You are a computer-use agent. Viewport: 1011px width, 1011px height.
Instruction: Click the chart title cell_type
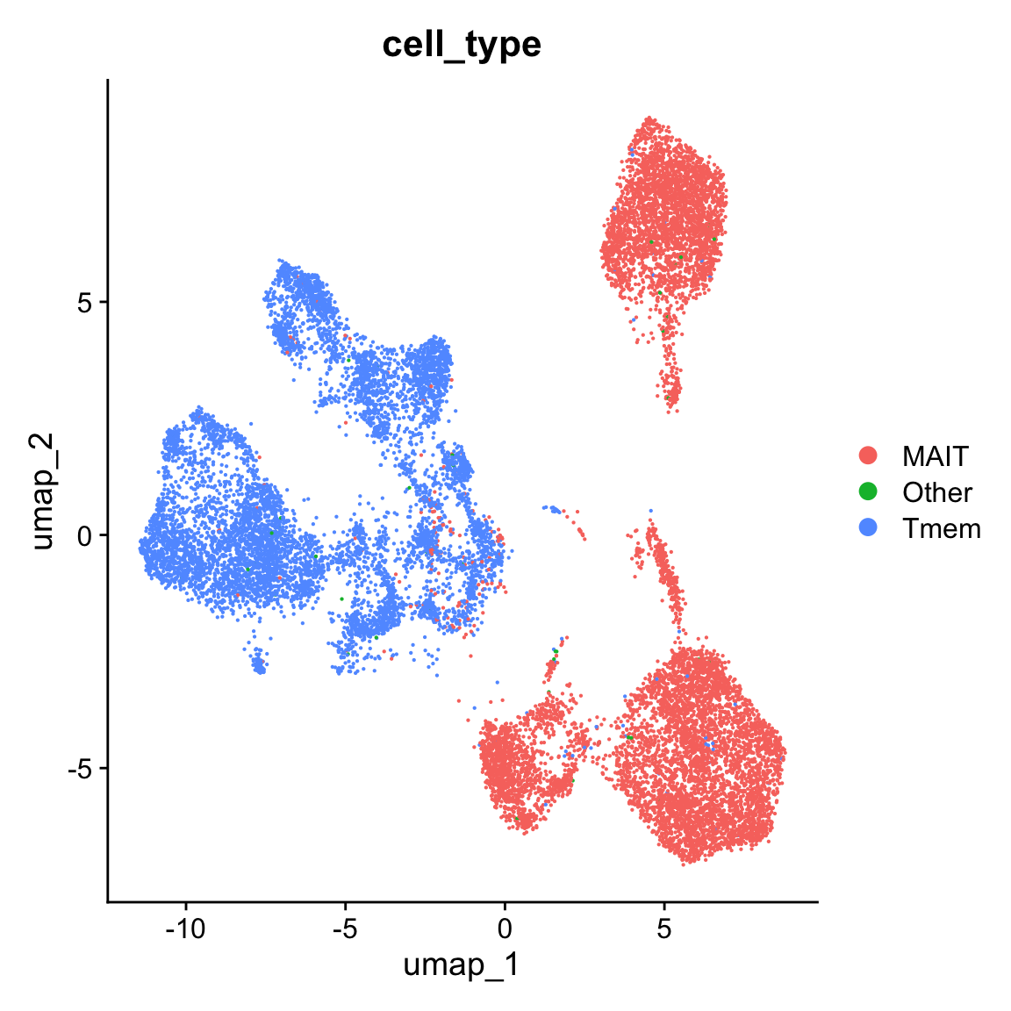(x=462, y=44)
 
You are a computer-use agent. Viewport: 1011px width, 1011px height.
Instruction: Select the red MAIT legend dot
(x=868, y=455)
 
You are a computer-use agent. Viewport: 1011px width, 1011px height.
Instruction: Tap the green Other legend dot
(x=868, y=491)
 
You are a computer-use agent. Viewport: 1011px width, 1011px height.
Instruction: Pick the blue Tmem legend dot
(x=868, y=527)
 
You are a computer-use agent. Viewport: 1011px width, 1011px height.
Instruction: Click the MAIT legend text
(x=936, y=456)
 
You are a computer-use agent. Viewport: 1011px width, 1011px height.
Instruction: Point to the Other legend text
(x=937, y=492)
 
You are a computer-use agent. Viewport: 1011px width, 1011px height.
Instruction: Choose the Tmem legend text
(x=942, y=528)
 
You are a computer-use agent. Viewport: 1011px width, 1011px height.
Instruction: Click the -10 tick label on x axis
(x=185, y=928)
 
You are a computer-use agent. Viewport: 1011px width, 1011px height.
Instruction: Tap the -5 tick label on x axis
(x=345, y=928)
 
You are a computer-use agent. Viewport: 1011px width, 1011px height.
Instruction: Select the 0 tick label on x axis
(x=505, y=928)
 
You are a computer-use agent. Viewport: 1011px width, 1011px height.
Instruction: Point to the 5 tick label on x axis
(x=664, y=928)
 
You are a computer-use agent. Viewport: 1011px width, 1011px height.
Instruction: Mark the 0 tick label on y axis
(x=85, y=534)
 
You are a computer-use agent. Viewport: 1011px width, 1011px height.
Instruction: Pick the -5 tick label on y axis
(x=81, y=768)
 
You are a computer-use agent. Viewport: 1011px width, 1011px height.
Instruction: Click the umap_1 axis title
(x=462, y=965)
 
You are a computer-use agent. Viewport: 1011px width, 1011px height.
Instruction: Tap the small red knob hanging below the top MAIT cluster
(x=671, y=386)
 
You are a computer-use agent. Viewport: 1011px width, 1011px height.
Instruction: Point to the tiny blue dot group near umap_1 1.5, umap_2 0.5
(x=553, y=508)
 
